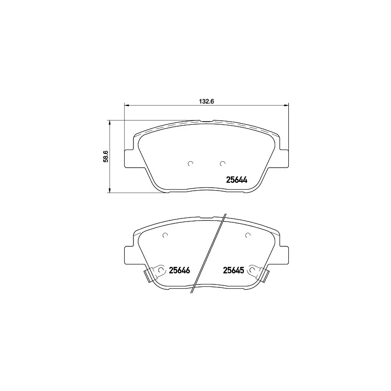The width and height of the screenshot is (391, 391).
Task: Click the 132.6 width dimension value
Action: coord(206,102)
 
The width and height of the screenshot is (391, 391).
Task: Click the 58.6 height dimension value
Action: coord(106,156)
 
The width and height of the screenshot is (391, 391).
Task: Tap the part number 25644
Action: coord(237,180)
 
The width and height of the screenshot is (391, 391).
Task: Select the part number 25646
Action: coord(179,270)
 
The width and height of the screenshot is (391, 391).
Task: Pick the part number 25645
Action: coord(234,270)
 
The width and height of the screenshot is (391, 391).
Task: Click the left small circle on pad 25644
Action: coord(191,164)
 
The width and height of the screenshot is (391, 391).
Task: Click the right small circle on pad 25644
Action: coord(223,164)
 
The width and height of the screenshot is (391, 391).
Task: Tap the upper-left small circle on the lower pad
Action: coord(165,235)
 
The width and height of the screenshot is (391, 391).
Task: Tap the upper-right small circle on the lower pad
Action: coord(248,235)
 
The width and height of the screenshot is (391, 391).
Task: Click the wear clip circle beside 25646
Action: coord(161,270)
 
